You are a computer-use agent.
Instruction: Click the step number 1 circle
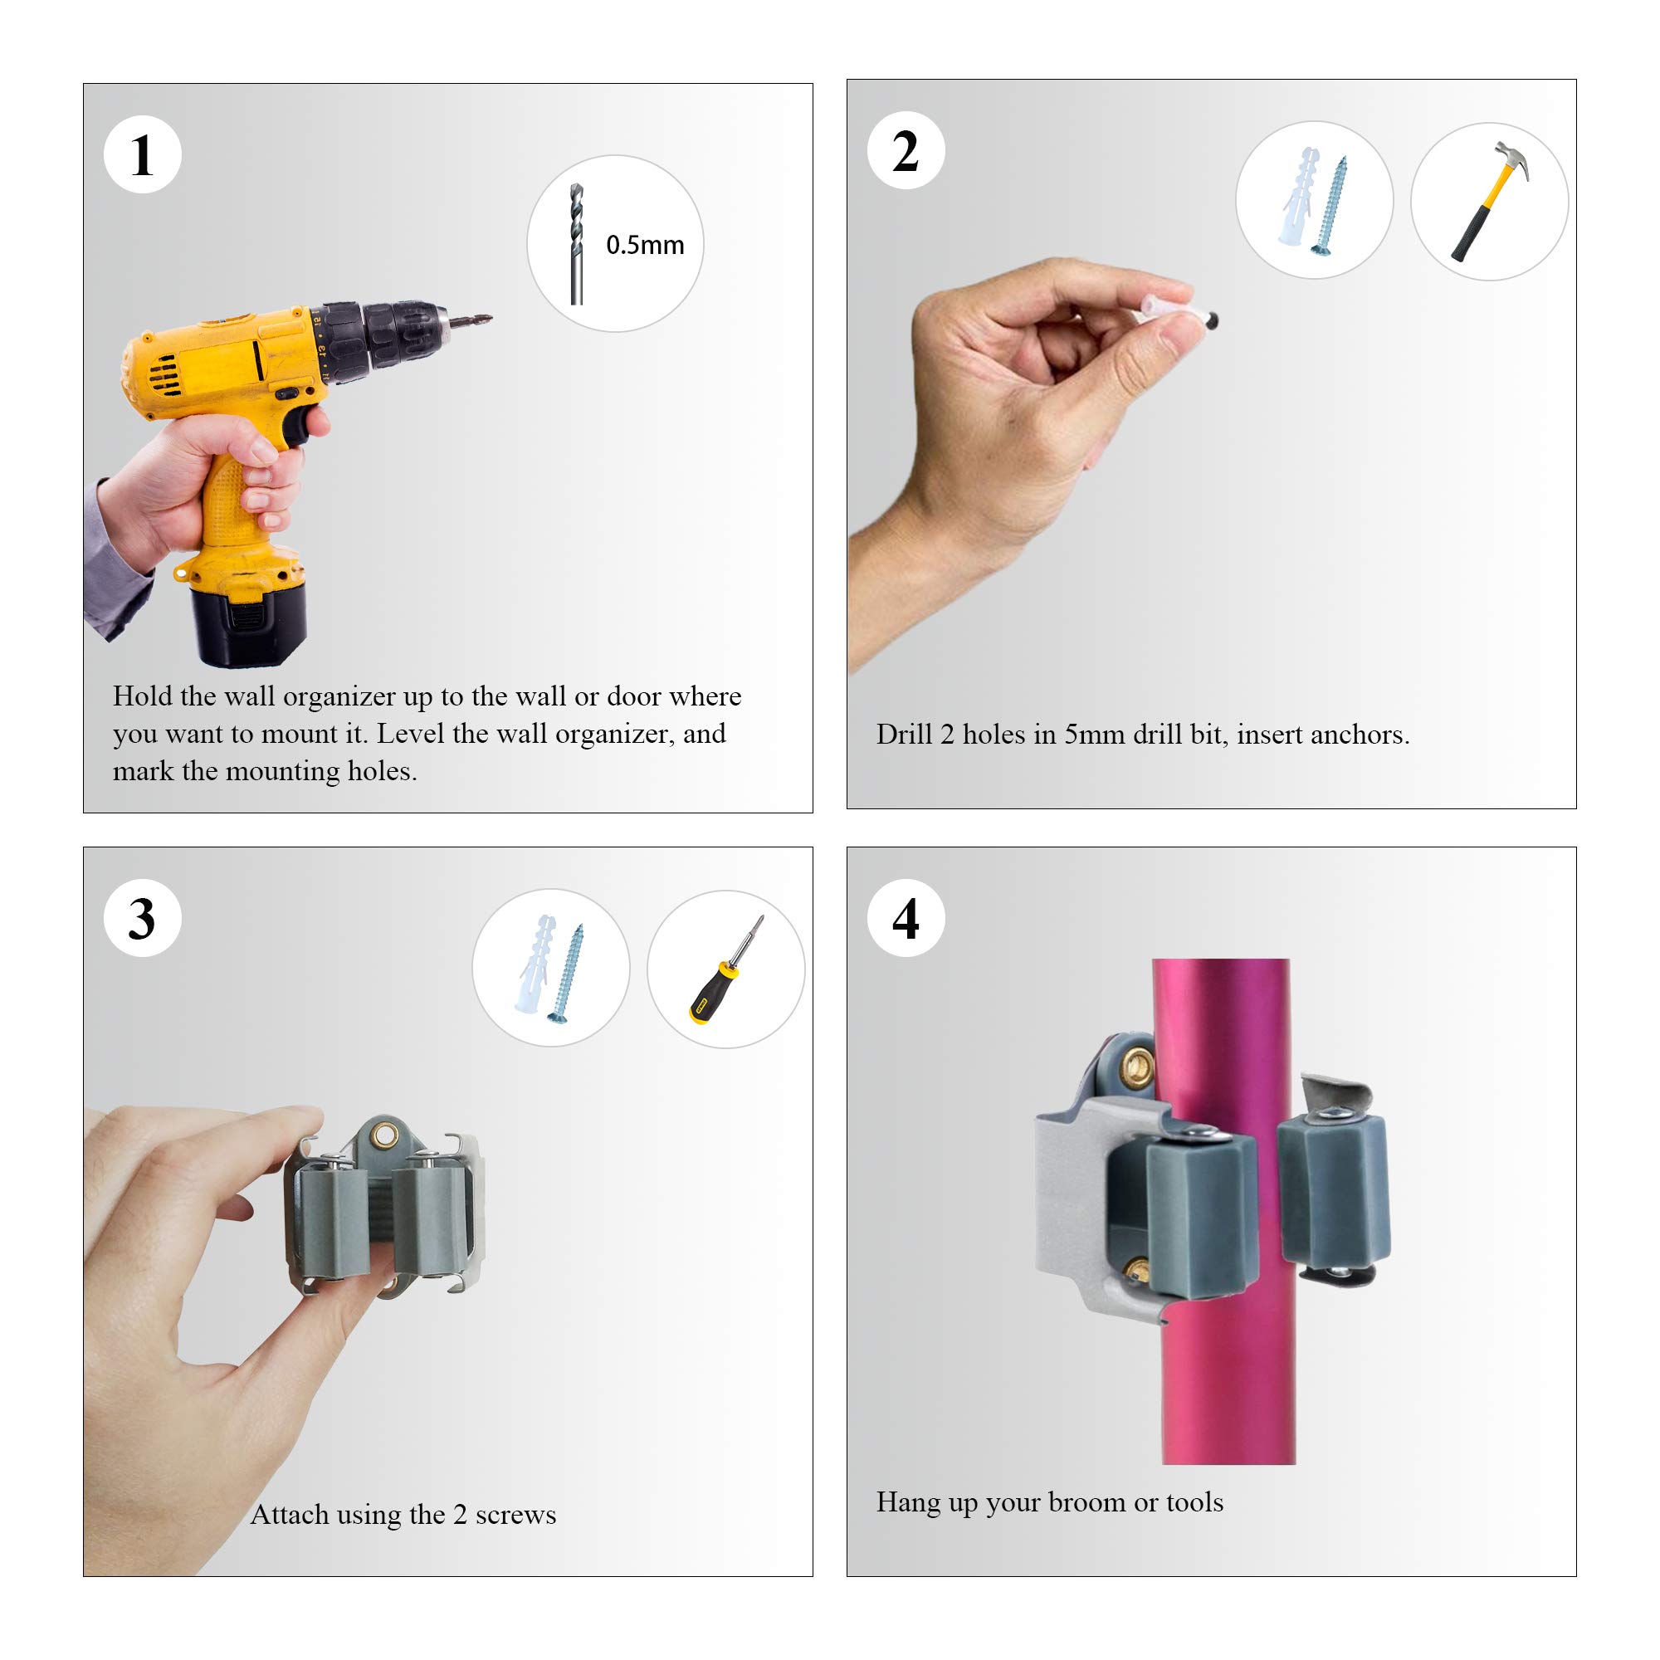143,154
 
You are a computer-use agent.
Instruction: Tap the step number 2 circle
906,150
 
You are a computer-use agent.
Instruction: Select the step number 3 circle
143,918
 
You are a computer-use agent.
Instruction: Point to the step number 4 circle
906,918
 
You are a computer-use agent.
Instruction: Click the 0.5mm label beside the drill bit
645,246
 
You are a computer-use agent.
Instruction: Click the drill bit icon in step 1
577,244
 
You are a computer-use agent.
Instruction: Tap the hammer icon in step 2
1490,201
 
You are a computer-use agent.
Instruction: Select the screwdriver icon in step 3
726,969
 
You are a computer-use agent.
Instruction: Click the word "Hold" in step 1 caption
143,696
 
